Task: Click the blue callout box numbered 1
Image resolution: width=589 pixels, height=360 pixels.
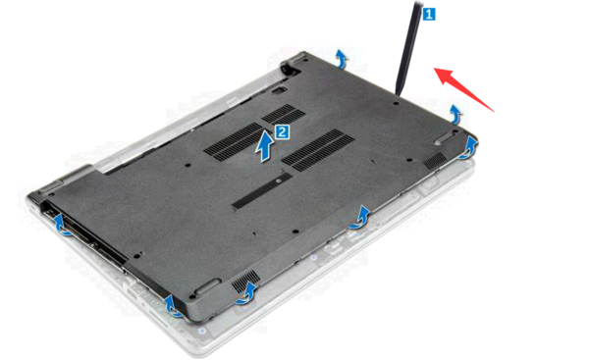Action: pos(429,15)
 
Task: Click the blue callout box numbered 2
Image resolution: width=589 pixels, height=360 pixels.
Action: pos(283,132)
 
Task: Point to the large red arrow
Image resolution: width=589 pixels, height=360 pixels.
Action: pos(464,88)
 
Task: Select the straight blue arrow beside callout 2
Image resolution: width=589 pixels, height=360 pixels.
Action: pos(265,146)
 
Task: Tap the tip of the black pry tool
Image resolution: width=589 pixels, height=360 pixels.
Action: pos(397,94)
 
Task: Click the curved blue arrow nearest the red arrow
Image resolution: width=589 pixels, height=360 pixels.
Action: pos(455,114)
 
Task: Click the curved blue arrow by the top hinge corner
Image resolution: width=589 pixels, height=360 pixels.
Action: pos(341,59)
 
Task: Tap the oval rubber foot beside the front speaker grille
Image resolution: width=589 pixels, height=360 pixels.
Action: pos(207,286)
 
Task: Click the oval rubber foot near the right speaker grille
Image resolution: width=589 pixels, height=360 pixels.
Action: pos(444,137)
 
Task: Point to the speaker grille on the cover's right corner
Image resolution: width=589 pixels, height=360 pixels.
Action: pos(435,161)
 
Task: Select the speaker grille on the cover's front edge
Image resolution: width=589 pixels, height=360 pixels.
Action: pos(245,282)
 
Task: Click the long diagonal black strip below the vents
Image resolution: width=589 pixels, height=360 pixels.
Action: pos(262,190)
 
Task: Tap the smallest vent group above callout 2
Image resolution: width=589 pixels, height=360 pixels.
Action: pos(284,115)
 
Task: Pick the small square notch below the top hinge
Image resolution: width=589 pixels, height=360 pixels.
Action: pos(279,90)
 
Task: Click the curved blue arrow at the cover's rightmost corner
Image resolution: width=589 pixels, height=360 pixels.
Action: pos(467,148)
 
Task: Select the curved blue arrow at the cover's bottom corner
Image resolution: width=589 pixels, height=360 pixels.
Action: pos(174,306)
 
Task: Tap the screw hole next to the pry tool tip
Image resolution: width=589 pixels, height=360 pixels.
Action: pos(397,102)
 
